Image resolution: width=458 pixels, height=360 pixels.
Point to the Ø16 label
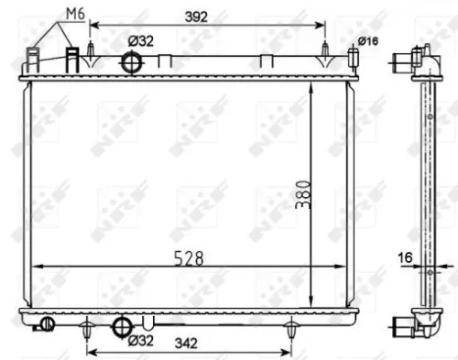pos(368,40)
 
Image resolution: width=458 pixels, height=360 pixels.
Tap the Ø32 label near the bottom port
pos(139,342)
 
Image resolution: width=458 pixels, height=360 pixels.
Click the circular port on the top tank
pos(133,62)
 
